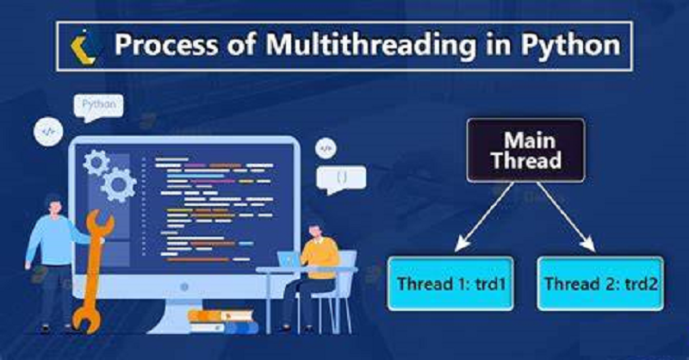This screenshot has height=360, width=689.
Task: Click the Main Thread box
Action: click(x=525, y=151)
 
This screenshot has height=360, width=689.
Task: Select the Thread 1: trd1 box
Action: click(x=450, y=283)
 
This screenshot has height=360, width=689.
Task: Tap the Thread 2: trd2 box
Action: click(x=600, y=283)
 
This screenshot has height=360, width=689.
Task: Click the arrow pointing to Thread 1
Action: click(x=484, y=217)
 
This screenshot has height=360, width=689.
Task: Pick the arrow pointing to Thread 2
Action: click(x=567, y=217)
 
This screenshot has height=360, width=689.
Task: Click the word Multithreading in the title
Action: click(x=372, y=46)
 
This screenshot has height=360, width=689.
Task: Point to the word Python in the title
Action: click(x=571, y=46)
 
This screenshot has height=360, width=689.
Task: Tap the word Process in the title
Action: click(x=166, y=45)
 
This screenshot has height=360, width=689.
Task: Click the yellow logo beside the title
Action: click(x=83, y=47)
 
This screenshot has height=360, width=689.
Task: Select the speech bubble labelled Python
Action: click(x=99, y=107)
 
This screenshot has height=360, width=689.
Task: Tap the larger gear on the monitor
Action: click(x=118, y=184)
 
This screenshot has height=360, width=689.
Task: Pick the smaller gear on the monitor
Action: click(x=96, y=162)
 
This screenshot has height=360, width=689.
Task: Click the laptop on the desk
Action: click(x=289, y=259)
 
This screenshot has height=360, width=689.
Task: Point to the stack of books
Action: click(x=224, y=321)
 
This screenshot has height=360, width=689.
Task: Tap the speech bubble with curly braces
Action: click(x=341, y=179)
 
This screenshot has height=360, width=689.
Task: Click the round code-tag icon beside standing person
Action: click(x=48, y=132)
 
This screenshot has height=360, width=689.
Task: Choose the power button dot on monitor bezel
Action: click(x=184, y=287)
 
